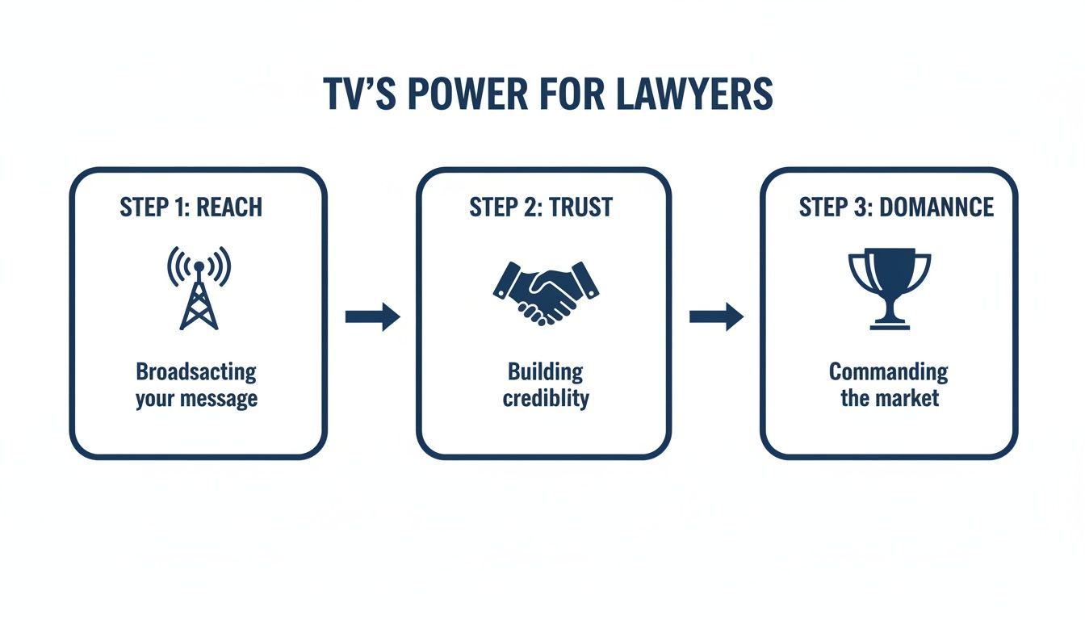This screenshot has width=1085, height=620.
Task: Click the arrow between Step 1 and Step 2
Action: (x=372, y=317)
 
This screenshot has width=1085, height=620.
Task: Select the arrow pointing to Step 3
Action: (x=716, y=317)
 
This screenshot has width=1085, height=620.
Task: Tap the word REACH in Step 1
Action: (x=229, y=207)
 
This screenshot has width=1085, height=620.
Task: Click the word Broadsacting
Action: (x=196, y=372)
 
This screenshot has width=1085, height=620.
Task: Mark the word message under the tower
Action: (x=220, y=399)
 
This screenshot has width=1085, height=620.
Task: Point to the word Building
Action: (x=545, y=372)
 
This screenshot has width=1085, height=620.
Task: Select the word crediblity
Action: (x=546, y=399)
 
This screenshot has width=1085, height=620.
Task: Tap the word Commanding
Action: (x=888, y=372)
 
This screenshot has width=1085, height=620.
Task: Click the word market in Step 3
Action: (x=907, y=399)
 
